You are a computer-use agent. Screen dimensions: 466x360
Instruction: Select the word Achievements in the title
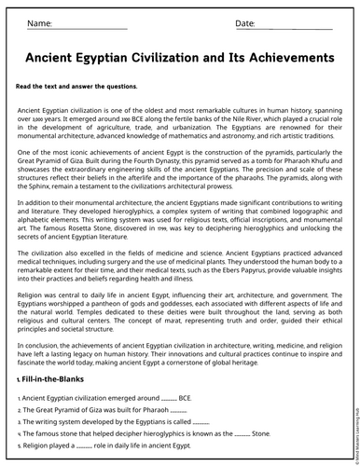pos(284,57)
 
